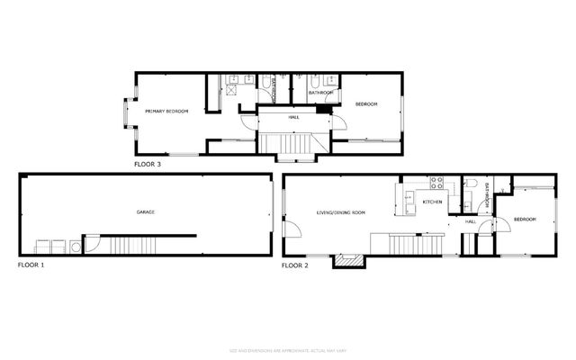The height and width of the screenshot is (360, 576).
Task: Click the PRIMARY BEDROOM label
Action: point(168,111)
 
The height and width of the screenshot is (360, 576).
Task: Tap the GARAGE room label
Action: point(146,212)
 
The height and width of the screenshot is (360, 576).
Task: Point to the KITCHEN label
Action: point(433,202)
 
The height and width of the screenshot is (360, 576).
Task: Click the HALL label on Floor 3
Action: point(293,116)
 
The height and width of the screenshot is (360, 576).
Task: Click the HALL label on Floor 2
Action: point(470,220)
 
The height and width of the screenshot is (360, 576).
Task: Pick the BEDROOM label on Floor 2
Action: point(525,220)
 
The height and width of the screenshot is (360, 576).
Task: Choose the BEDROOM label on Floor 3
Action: point(366,104)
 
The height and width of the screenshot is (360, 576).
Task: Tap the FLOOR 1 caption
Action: point(31,265)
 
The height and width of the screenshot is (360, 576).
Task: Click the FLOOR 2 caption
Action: point(294,265)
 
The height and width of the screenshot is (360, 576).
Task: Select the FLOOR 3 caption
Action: point(148,165)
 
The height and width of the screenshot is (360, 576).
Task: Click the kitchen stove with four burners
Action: point(438,185)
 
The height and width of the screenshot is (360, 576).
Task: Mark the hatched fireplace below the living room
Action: point(348,261)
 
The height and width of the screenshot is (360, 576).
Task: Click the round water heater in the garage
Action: point(91,245)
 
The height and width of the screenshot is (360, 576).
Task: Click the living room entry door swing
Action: point(290,229)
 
